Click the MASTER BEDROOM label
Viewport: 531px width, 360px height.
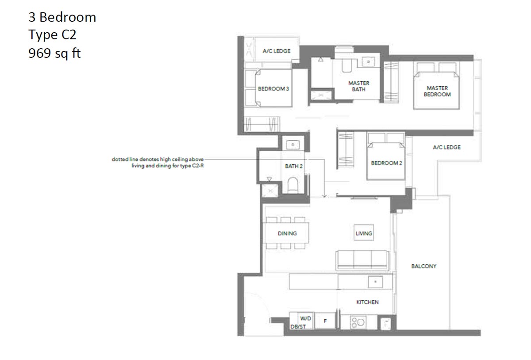(x=437, y=91)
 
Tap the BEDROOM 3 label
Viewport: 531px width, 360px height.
(x=273, y=88)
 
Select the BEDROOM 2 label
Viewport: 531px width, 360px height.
(x=386, y=163)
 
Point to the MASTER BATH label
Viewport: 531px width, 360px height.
(x=358, y=86)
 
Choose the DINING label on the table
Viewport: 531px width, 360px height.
(x=287, y=234)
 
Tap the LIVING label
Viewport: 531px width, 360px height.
(x=364, y=233)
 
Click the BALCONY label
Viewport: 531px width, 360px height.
(x=423, y=266)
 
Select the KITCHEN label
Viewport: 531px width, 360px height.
(x=367, y=302)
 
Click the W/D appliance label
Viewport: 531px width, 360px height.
(x=305, y=318)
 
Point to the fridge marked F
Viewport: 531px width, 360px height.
(x=325, y=321)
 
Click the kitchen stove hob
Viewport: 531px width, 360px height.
(x=358, y=322)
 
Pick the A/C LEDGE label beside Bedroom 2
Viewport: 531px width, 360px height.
(x=446, y=147)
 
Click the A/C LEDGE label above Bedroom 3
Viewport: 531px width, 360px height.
(x=277, y=51)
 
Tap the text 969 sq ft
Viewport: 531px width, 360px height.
(x=54, y=54)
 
